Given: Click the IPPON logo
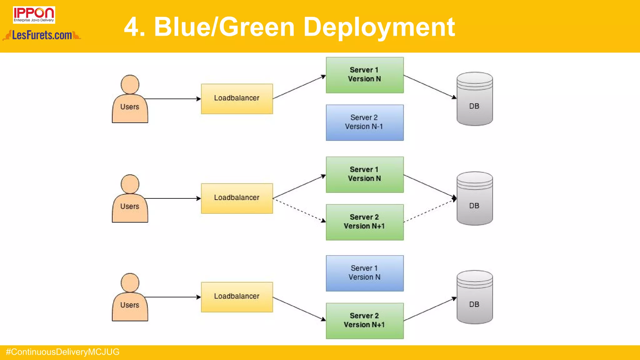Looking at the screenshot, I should click(x=34, y=15).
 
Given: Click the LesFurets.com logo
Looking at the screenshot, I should click(x=42, y=35).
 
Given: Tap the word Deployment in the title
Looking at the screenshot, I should click(x=379, y=27).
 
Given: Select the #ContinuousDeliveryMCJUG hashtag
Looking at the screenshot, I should click(x=62, y=352).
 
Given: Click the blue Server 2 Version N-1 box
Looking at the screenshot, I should click(x=364, y=122).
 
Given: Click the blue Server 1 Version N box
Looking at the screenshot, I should click(x=364, y=273).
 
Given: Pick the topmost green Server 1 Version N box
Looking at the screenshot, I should click(x=364, y=75).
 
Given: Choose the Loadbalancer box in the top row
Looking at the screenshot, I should click(x=237, y=99).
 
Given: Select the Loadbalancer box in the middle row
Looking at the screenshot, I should click(x=237, y=198).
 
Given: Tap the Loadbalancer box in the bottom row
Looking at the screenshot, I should click(x=237, y=297).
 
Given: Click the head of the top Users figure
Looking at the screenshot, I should click(x=130, y=84).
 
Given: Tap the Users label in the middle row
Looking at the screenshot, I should click(x=130, y=207).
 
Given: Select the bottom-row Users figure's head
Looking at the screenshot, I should click(x=130, y=283).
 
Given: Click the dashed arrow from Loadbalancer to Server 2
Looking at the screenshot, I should click(x=299, y=210).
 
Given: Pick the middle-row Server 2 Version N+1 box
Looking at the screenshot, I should click(x=364, y=222).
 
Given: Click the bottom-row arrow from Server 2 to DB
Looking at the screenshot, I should click(x=430, y=309).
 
